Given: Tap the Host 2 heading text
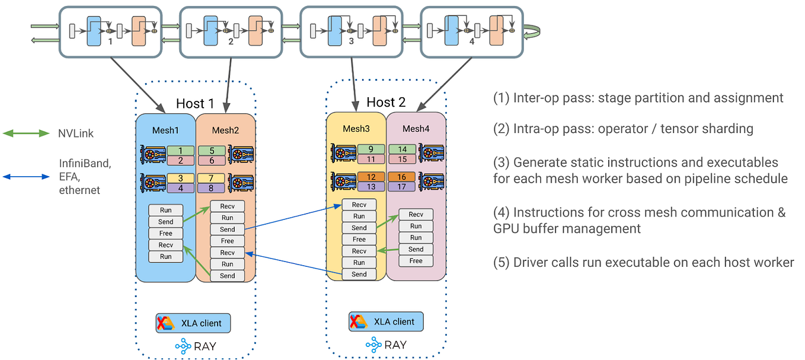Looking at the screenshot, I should [386, 102].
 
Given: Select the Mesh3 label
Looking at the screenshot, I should [355, 129].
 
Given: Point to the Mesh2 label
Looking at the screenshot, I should [225, 130].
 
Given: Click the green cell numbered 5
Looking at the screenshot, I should [211, 151].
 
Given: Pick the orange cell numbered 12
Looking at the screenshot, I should [371, 177].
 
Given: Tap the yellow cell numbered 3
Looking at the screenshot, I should [180, 178].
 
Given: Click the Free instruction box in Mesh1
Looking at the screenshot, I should [166, 233].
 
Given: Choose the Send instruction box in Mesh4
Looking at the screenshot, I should [416, 249].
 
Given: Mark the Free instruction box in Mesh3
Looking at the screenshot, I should [359, 239].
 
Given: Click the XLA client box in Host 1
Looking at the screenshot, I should [193, 323].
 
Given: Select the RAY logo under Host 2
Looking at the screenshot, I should [386, 345].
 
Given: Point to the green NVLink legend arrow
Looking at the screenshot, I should [27, 133].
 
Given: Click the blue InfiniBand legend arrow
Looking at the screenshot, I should [27, 176].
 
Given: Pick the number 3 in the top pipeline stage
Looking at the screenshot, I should [351, 42].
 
